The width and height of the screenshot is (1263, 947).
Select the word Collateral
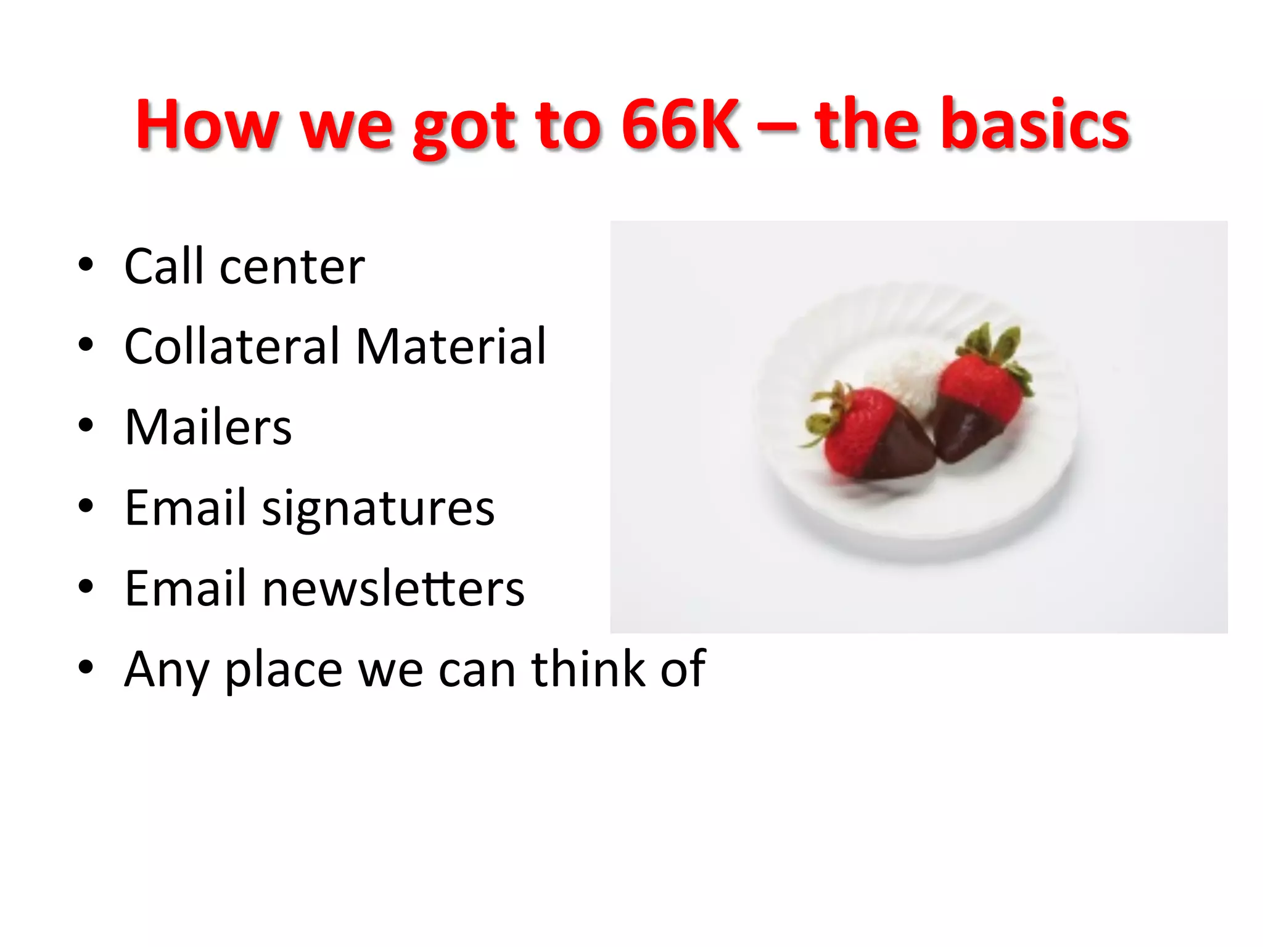point(232,346)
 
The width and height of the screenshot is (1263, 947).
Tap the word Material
point(451,346)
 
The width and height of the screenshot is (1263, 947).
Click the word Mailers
point(208,427)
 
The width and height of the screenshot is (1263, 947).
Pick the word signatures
point(378,509)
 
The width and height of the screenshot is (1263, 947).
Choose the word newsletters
point(393,588)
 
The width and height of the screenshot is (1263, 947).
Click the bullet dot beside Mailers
point(86,425)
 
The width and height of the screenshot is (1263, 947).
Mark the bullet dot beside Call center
point(86,264)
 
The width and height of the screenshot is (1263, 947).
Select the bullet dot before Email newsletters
point(86,586)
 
